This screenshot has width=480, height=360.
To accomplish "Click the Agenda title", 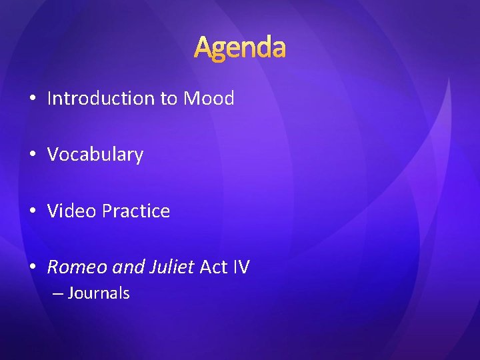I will pyautogui.click(x=240, y=48).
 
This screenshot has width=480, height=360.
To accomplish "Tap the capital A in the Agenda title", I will pyautogui.click(x=204, y=47).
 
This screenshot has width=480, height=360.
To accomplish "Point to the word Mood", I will pyautogui.click(x=209, y=99).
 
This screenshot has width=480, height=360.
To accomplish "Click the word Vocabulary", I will pyautogui.click(x=95, y=155).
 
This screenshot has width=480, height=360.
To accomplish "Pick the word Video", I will pyautogui.click(x=72, y=211).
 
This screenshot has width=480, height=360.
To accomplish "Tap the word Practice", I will pyautogui.click(x=136, y=211).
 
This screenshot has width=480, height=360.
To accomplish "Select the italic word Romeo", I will pyautogui.click(x=76, y=267).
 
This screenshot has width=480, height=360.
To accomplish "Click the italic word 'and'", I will pyautogui.click(x=125, y=267).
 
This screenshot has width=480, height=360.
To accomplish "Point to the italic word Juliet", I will pyautogui.click(x=170, y=267).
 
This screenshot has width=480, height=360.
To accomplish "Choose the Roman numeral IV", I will pyautogui.click(x=241, y=267).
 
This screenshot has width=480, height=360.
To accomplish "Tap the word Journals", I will pyautogui.click(x=99, y=293).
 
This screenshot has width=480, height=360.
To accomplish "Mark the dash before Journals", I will pyautogui.click(x=57, y=293).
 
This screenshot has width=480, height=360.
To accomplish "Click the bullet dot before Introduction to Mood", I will pyautogui.click(x=33, y=99).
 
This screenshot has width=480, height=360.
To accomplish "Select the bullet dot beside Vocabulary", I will pyautogui.click(x=33, y=155).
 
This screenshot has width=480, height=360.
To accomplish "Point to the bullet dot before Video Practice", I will pyautogui.click(x=33, y=212).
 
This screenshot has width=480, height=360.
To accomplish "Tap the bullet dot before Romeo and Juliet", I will pyautogui.click(x=33, y=268).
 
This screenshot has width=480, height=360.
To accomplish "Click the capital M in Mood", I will pyautogui.click(x=192, y=99).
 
